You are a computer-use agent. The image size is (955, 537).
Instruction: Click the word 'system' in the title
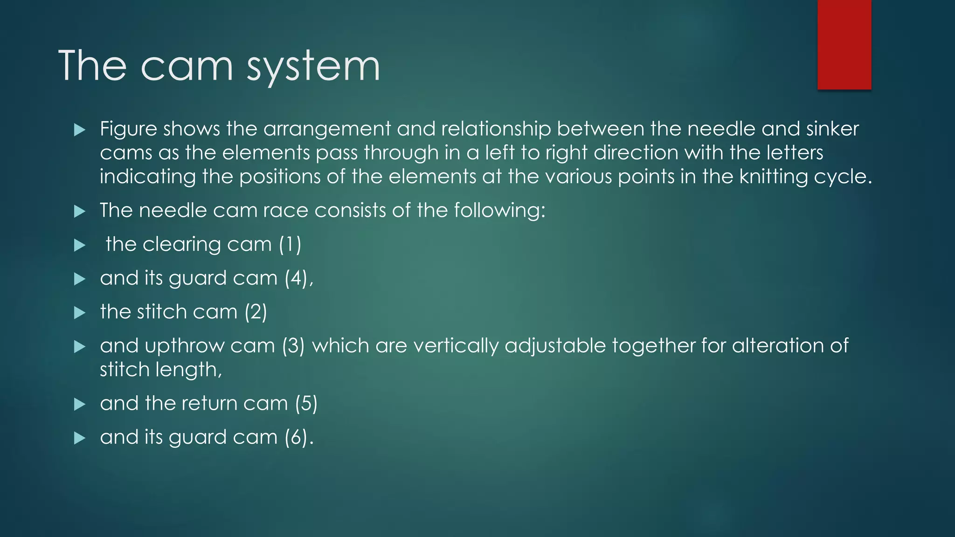tap(313, 66)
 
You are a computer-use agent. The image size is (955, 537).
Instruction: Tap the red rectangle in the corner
tap(844, 44)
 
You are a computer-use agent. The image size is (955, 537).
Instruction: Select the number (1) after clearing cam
tap(290, 244)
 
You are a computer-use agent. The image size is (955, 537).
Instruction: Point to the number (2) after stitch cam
tap(256, 312)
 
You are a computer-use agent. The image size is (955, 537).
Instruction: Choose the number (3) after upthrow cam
tap(293, 346)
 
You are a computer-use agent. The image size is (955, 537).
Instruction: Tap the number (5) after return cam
tap(306, 403)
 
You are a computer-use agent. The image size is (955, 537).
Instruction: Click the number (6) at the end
tap(297, 437)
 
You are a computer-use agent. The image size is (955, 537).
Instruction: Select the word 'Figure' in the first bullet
tap(128, 129)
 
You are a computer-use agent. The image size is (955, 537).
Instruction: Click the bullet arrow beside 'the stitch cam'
tap(80, 313)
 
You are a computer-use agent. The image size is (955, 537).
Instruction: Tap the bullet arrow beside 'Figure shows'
tap(80, 130)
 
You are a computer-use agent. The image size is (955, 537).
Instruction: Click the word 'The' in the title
tap(92, 66)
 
